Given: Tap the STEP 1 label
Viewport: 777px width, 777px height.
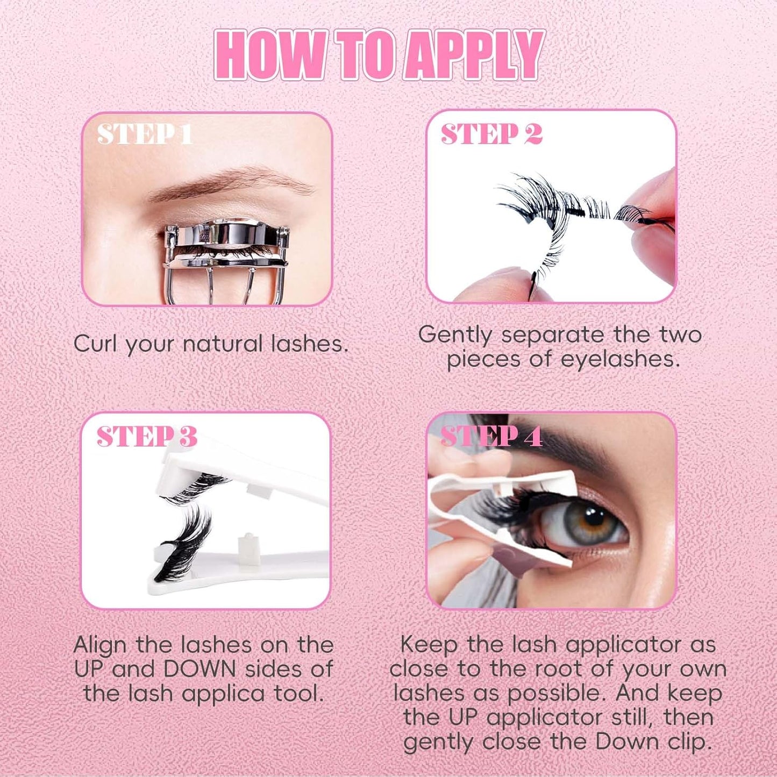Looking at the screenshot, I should (144, 134).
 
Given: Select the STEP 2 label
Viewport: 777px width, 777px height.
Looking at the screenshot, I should (491, 134).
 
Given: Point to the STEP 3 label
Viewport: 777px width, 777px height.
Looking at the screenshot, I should (147, 437).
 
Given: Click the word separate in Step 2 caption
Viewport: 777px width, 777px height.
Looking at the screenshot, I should (553, 334).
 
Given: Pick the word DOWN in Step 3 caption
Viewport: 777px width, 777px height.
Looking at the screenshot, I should (199, 669).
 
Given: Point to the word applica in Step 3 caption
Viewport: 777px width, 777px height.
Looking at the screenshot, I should (223, 694).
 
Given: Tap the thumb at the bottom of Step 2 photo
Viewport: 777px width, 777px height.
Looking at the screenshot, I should (495, 285).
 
